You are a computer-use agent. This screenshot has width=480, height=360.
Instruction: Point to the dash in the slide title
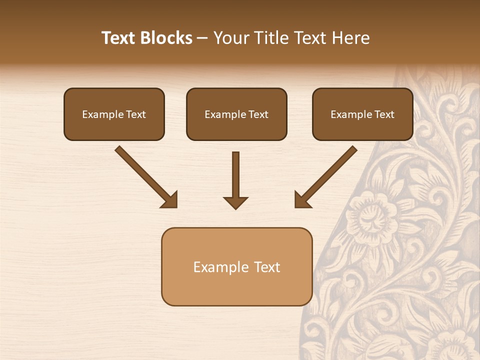coord(202,38)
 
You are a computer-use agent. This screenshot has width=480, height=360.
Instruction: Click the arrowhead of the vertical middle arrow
coord(235,202)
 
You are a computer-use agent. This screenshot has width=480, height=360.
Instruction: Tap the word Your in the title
coord(230,38)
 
